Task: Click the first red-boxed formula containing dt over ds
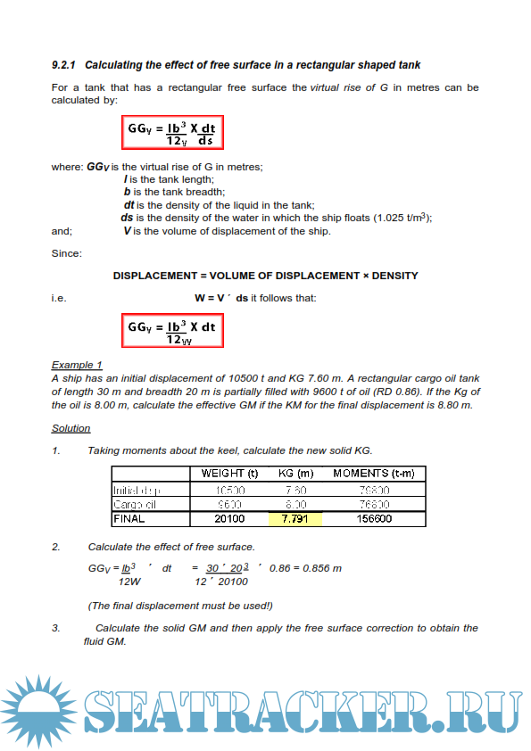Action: pyautogui.click(x=172, y=133)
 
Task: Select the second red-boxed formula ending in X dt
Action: pyautogui.click(x=172, y=332)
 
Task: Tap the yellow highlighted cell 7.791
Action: pyautogui.click(x=295, y=518)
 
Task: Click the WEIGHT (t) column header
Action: pyautogui.click(x=229, y=474)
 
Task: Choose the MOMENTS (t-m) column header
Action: pyautogui.click(x=373, y=474)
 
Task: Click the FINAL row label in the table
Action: pyautogui.click(x=129, y=518)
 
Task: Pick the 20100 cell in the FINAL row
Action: pyautogui.click(x=229, y=518)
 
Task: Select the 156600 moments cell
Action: pyautogui.click(x=373, y=518)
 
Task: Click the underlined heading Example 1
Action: pyautogui.click(x=77, y=365)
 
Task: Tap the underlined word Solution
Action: pyautogui.click(x=71, y=428)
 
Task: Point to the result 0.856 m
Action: pyautogui.click(x=318, y=568)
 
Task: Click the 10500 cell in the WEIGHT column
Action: pyautogui.click(x=229, y=490)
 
